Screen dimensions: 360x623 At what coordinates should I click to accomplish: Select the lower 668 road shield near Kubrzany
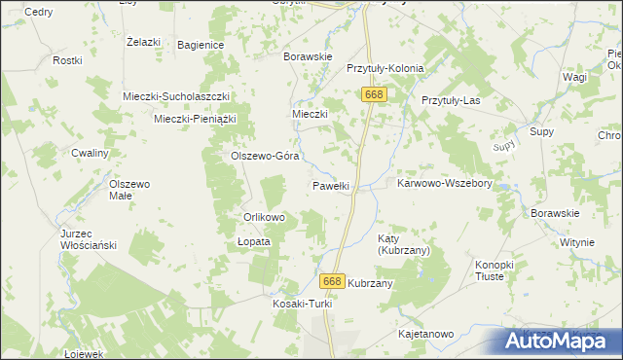tap(332, 280)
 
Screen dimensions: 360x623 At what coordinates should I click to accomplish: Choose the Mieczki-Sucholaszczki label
tap(175, 96)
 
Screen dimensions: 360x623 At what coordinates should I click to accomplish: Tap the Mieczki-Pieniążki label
tap(197, 119)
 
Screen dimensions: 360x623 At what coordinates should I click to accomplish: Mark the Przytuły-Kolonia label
tap(385, 69)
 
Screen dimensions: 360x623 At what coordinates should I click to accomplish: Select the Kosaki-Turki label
tap(302, 304)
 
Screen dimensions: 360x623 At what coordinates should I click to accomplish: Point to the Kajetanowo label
tap(426, 334)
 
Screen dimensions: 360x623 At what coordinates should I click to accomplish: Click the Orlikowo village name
tap(264, 217)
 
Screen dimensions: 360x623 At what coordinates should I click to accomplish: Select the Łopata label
tap(254, 241)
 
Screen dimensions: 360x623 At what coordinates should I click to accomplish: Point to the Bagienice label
tap(201, 45)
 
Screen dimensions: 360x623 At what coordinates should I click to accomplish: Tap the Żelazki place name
tap(143, 42)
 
